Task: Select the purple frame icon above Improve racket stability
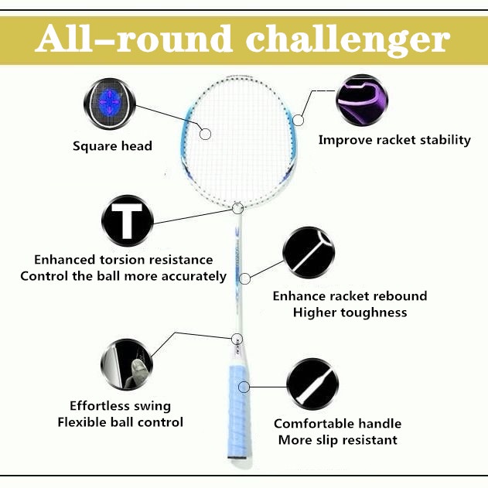pos(362,101)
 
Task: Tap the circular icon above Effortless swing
pos(127,363)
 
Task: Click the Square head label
pos(112,145)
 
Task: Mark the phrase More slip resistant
pos(335,440)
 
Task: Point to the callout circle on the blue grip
pos(244,385)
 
